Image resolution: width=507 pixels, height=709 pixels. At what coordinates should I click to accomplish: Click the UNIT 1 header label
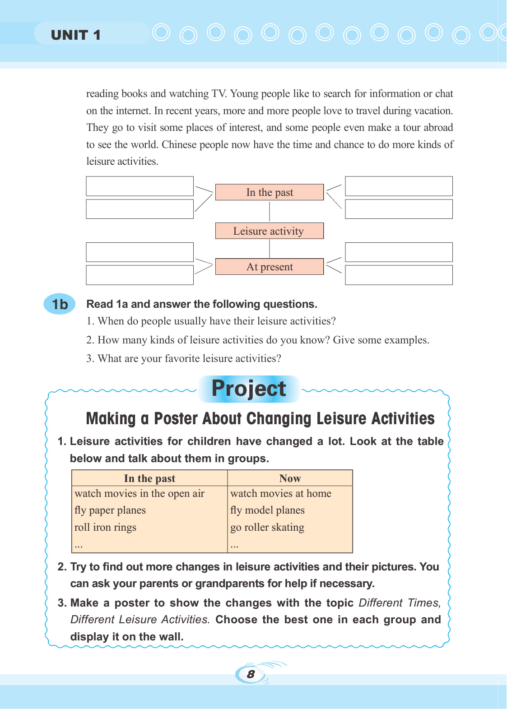pyautogui.click(x=75, y=35)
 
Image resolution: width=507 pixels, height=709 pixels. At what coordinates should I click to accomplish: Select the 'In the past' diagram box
pyautogui.click(x=270, y=192)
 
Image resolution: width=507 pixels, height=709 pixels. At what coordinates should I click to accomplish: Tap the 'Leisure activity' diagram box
pyautogui.click(x=270, y=231)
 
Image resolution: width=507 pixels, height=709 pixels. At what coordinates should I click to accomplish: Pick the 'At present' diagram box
pyautogui.click(x=270, y=267)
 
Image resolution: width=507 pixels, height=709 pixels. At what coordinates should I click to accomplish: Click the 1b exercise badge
pyautogui.click(x=60, y=304)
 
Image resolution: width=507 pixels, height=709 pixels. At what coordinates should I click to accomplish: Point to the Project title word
pyautogui.click(x=249, y=389)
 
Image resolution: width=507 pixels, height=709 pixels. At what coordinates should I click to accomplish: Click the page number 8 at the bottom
pyautogui.click(x=251, y=674)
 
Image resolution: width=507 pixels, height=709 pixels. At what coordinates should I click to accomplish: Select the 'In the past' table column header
pyautogui.click(x=149, y=478)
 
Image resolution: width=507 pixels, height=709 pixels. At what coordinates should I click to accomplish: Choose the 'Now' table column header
pyautogui.click(x=290, y=478)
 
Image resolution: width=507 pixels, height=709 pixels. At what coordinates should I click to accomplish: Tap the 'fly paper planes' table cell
pyautogui.click(x=110, y=510)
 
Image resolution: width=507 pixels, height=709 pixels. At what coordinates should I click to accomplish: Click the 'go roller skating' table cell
pyautogui.click(x=267, y=528)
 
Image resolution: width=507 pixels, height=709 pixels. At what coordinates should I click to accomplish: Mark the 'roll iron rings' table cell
pyautogui.click(x=105, y=528)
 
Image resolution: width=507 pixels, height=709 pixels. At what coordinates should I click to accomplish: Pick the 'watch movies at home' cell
pyautogui.click(x=281, y=494)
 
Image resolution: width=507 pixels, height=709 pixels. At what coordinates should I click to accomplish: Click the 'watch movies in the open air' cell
pyautogui.click(x=140, y=494)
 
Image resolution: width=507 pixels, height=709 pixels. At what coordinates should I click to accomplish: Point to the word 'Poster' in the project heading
pyautogui.click(x=176, y=419)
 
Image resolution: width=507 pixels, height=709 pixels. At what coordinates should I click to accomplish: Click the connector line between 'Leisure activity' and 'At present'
pyautogui.click(x=270, y=248)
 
